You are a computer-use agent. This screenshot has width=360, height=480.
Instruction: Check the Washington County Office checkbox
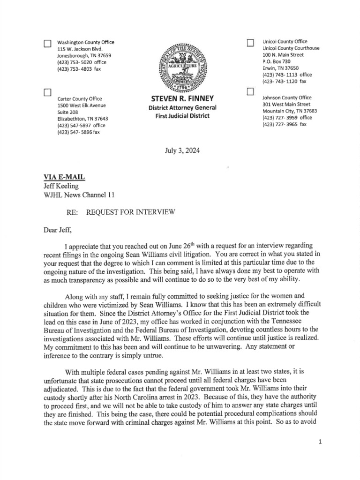pos(47,44)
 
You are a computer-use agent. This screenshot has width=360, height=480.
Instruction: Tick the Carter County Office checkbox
pos(47,92)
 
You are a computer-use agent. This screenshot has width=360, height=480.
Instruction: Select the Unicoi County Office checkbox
pos(250,44)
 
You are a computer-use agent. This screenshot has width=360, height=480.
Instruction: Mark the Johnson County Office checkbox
pos(250,91)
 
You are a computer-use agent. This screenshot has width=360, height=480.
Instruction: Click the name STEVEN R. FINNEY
pos(182,99)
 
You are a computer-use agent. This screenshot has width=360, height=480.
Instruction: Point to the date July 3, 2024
pos(183,151)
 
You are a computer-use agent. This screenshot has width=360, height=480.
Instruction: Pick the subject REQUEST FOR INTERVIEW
pos(131,212)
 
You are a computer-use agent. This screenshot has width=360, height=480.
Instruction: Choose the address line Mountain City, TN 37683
pos(290,111)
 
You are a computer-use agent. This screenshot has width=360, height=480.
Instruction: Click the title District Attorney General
pos(182,108)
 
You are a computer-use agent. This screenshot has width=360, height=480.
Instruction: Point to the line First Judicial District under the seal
pos(182,116)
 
